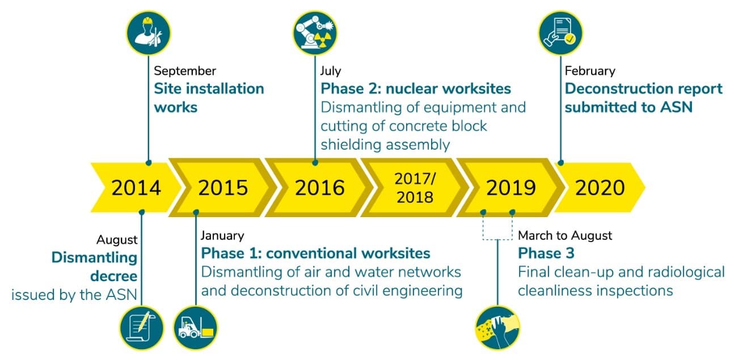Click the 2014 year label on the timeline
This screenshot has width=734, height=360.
click(136, 188)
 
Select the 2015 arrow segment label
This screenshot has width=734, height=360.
click(223, 188)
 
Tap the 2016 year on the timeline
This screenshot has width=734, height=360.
click(319, 188)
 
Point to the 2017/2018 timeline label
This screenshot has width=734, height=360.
click(415, 188)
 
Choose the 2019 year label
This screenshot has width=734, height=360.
click(511, 188)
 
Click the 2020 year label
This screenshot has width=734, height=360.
click(600, 188)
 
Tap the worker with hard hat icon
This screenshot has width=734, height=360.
click(149, 33)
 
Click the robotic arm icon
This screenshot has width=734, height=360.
click(315, 33)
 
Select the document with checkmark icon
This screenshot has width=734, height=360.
click(560, 33)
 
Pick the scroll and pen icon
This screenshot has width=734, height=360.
click(142, 328)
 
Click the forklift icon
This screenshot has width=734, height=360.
click(196, 328)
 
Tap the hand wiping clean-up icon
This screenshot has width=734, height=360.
click(497, 328)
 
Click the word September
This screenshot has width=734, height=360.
click(185, 71)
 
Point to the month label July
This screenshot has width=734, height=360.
click(331, 71)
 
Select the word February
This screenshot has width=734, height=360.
click(590, 71)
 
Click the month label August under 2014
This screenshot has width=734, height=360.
click(117, 240)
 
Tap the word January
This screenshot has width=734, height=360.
click(222, 236)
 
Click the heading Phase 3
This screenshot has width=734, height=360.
click(546, 253)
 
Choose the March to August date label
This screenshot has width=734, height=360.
click(565, 235)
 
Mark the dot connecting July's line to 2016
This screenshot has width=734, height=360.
click(315, 163)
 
